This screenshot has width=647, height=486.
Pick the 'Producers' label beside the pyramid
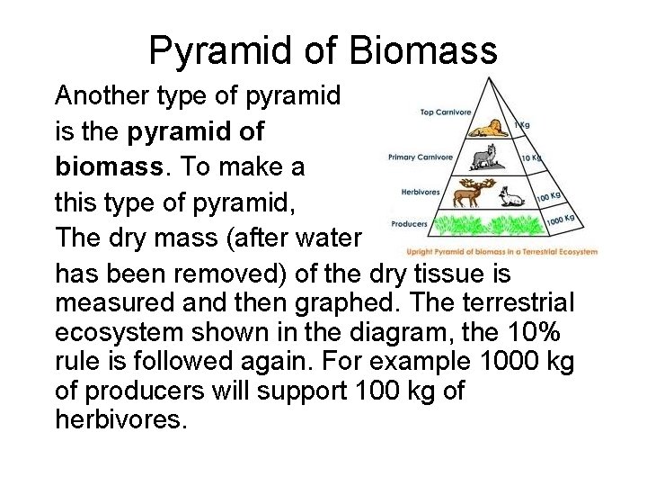(409, 223)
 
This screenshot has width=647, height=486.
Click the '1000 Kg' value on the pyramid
(562, 219)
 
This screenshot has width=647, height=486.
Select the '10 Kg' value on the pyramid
(532, 157)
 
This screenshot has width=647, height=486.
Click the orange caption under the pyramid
(501, 252)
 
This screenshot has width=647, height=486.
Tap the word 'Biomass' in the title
(424, 50)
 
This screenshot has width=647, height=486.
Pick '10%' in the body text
(531, 332)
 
